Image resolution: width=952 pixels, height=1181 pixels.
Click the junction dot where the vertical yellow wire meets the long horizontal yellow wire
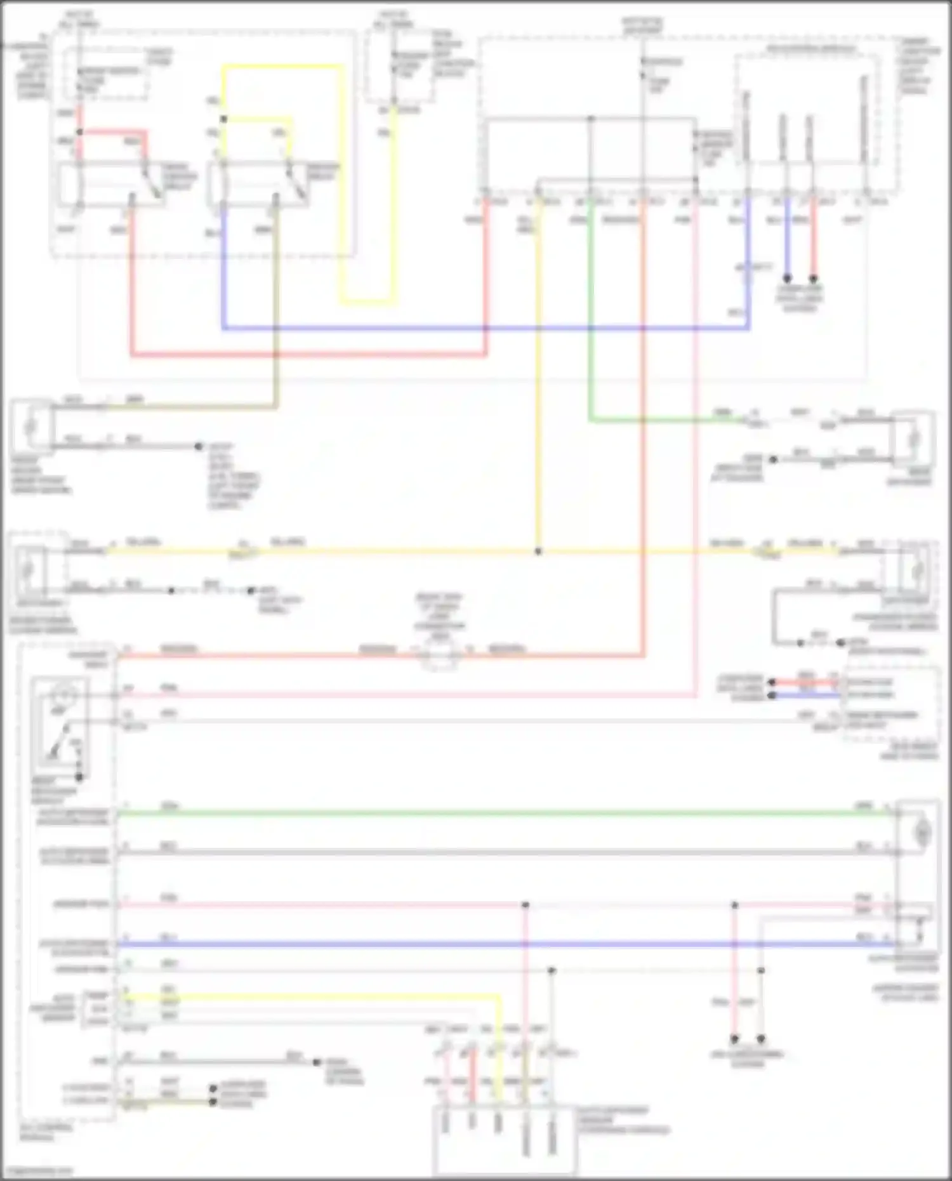point(538,551)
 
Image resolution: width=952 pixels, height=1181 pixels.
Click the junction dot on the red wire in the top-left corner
point(80,132)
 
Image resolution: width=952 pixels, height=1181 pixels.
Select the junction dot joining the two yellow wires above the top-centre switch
point(223,119)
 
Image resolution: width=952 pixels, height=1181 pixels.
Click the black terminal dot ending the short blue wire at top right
point(787,278)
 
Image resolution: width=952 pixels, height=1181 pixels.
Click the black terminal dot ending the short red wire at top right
point(813,278)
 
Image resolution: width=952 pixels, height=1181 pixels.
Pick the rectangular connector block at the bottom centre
point(505,1139)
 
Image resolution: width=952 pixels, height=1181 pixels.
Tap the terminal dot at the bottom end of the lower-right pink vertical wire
point(734,1039)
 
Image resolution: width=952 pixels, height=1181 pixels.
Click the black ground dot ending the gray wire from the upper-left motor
point(199,447)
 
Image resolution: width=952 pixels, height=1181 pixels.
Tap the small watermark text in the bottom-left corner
point(38,1171)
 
